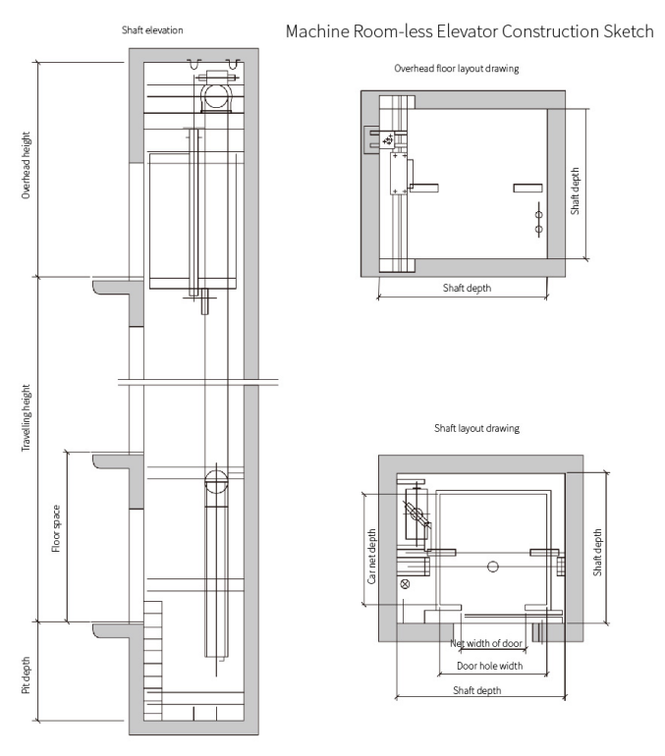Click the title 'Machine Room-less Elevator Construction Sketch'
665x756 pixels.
click(469, 31)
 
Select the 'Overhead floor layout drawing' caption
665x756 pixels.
click(457, 70)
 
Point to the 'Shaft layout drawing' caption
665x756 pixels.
click(476, 429)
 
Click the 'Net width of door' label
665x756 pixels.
click(486, 643)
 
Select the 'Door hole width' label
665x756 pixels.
click(489, 666)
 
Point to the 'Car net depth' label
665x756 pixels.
click(371, 556)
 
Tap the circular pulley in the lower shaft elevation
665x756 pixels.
click(215, 482)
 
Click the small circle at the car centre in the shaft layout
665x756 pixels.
click(493, 566)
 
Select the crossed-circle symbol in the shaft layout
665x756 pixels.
click(405, 583)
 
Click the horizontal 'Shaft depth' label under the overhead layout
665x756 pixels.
click(467, 288)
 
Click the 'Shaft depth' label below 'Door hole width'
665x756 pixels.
click(476, 690)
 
